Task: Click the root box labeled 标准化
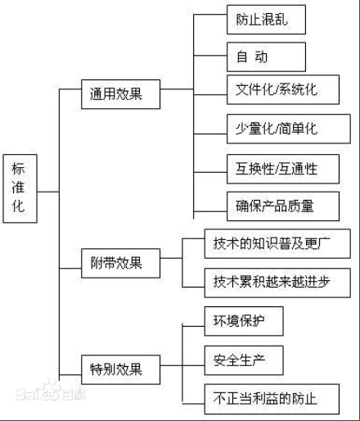(18, 188)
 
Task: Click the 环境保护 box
(244, 320)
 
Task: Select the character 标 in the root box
(18, 169)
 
